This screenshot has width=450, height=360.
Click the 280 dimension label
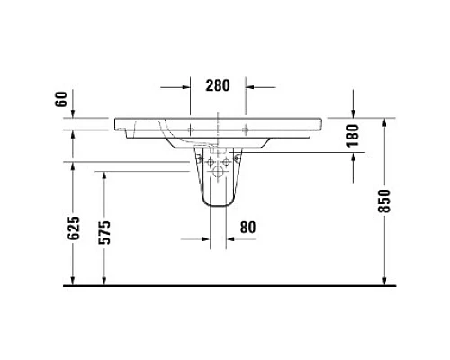click(219, 86)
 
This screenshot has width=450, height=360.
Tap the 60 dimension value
click(61, 99)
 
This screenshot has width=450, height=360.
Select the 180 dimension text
click(353, 134)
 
